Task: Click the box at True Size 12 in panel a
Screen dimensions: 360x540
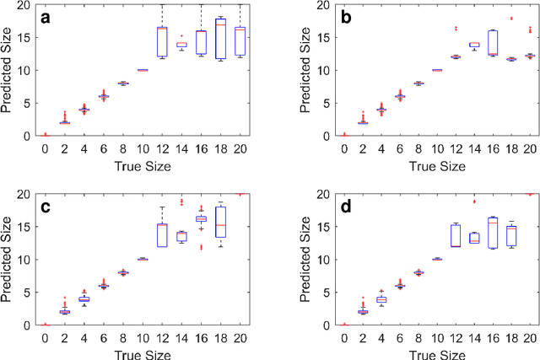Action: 162,41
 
